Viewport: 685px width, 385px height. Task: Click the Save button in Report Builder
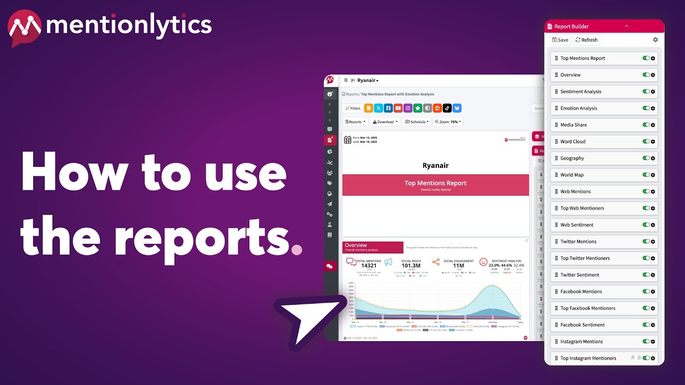[560, 40]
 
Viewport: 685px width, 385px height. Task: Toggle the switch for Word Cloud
[646, 142]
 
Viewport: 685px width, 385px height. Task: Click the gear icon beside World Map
[653, 175]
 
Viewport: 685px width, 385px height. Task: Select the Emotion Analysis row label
[579, 108]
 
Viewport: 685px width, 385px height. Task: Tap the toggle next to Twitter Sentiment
[646, 275]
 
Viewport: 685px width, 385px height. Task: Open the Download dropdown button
[385, 122]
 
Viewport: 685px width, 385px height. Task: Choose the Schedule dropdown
[417, 122]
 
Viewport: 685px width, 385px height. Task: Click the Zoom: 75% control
[447, 122]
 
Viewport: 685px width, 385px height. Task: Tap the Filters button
[353, 108]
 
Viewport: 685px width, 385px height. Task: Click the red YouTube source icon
[398, 108]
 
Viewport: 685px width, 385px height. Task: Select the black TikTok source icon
[447, 108]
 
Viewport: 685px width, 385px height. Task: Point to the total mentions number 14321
[369, 265]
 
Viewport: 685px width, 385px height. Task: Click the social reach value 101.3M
[411, 265]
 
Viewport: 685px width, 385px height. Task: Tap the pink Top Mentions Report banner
[436, 184]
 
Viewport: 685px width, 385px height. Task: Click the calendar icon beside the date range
[348, 140]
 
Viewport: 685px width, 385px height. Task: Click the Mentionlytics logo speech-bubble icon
[25, 28]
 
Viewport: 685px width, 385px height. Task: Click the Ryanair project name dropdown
[368, 80]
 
